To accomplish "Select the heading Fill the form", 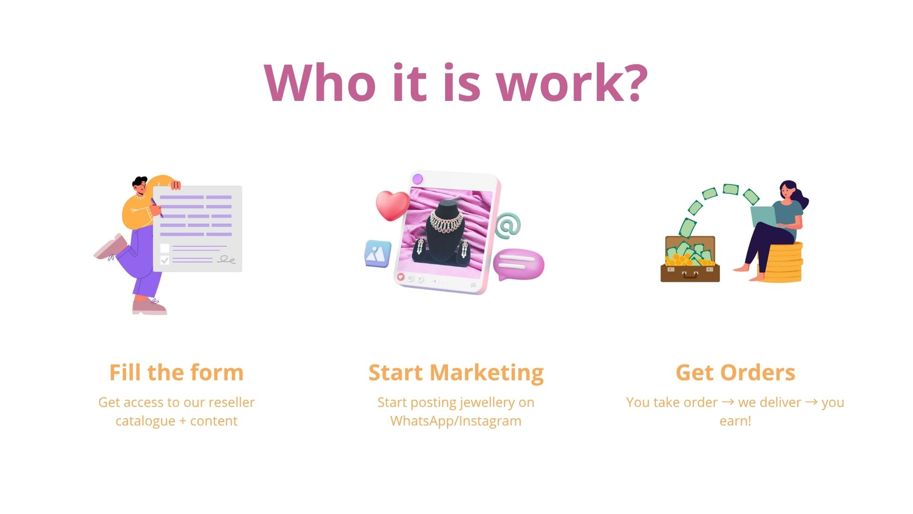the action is tap(176, 372).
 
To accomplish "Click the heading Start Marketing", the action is tap(456, 373).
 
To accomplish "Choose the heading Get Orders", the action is tap(735, 373).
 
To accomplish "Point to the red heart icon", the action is tap(393, 205).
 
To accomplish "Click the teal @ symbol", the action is tap(508, 226).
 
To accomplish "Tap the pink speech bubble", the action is tap(518, 264).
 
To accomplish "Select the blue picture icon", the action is tap(378, 254).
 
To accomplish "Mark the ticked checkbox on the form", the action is tap(165, 260).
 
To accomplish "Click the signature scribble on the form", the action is tap(226, 260).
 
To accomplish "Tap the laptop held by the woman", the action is tap(763, 217).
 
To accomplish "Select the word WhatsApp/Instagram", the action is tap(456, 421).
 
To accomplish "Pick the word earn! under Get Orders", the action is tap(735, 421).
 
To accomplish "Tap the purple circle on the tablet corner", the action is tap(418, 179).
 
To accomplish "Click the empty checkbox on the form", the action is tap(165, 248).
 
